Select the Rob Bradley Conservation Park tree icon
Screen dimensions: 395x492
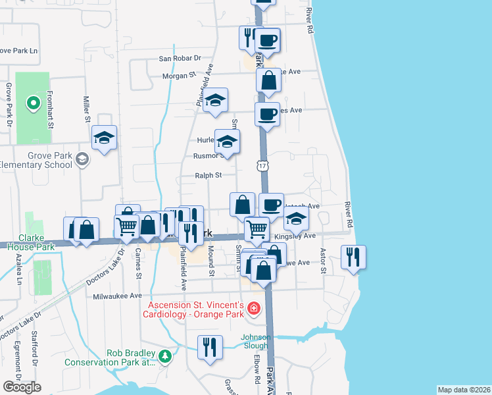164,356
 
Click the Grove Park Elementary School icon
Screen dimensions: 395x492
82,159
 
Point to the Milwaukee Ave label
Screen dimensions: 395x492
117,296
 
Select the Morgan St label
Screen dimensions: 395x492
179,76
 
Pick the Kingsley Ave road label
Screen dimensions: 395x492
300,235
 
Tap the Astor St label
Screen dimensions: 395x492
323,261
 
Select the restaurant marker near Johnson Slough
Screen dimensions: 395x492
209,347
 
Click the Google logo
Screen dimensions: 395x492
22,386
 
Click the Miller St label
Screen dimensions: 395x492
87,109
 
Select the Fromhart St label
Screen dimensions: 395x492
49,105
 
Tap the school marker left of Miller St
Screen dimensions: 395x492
104,138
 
